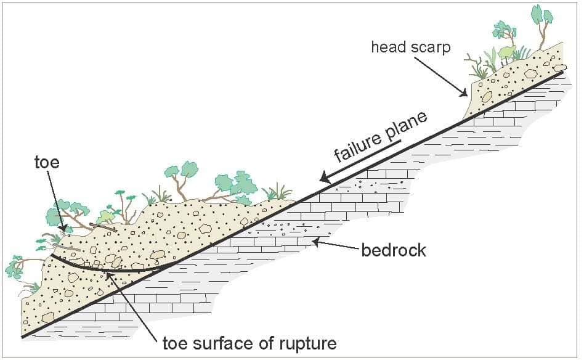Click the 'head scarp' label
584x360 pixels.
411,47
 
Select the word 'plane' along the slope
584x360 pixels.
407,125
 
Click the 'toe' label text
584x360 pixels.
47,163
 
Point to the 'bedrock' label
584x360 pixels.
394,250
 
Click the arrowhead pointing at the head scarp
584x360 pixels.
463,92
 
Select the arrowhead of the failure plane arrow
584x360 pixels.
325,178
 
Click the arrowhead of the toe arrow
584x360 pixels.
63,227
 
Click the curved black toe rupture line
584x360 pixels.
108,269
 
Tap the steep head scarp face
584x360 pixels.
469,100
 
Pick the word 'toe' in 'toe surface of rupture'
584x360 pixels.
175,343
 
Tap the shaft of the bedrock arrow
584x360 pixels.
337,245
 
